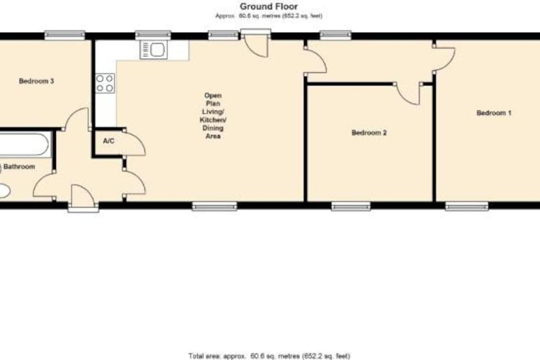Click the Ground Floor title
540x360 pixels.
(268, 6)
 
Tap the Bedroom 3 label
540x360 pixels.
(36, 81)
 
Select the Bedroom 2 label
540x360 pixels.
(369, 132)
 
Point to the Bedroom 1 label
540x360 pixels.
(494, 113)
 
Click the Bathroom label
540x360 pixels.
(20, 167)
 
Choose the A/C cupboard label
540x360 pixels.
(109, 141)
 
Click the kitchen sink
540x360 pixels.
(153, 50)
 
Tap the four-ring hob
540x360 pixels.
(105, 83)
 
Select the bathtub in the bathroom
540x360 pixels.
(24, 145)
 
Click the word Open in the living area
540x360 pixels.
(213, 95)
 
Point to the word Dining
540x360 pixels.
(213, 128)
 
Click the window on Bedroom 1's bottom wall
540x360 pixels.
(467, 206)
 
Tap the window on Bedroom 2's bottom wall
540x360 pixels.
(351, 206)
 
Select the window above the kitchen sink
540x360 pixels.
(153, 35)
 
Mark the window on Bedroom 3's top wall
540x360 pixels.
(65, 35)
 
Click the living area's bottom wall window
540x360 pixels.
(215, 206)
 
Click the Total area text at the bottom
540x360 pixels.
(269, 356)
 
